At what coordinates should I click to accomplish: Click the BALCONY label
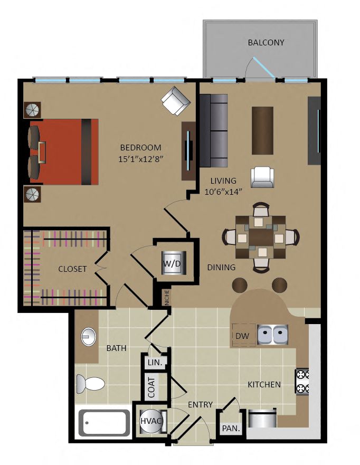coord(266,42)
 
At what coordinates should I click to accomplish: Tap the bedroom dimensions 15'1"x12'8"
coord(141,159)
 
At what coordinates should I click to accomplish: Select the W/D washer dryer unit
coord(174,263)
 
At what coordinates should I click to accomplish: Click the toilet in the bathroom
coord(91,384)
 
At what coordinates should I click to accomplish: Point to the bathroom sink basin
coord(89,337)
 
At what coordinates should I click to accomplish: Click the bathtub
coord(104,423)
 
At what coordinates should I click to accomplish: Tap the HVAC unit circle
coord(151,421)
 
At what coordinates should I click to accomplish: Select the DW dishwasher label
coord(242,336)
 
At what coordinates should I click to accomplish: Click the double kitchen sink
coord(272,335)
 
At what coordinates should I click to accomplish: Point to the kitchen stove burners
coord(302,381)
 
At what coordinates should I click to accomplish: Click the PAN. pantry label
coord(231,428)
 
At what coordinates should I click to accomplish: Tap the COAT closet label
coord(151,387)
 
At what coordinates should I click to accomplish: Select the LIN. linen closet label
coord(155,363)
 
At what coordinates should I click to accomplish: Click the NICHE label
coord(167,297)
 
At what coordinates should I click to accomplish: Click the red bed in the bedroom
coord(64,152)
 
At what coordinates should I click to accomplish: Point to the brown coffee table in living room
coord(262,130)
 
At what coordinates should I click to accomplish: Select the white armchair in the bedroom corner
coord(176,101)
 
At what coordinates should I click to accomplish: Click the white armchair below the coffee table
coord(262,177)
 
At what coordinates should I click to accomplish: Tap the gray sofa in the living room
coord(213,131)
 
